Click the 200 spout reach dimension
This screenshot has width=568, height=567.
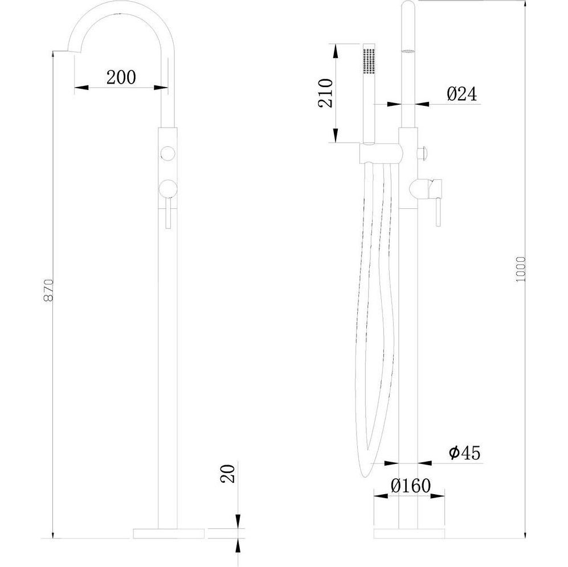(x=121, y=77)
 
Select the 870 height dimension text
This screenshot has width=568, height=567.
(x=48, y=290)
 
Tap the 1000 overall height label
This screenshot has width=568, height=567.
(x=521, y=269)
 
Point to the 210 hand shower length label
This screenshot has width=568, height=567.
(x=325, y=93)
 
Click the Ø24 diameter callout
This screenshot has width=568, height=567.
(x=462, y=94)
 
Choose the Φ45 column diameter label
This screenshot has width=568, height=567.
(x=465, y=453)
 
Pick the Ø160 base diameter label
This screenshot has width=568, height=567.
(x=411, y=486)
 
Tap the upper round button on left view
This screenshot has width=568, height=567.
(x=167, y=153)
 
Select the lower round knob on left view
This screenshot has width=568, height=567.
(x=167, y=188)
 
